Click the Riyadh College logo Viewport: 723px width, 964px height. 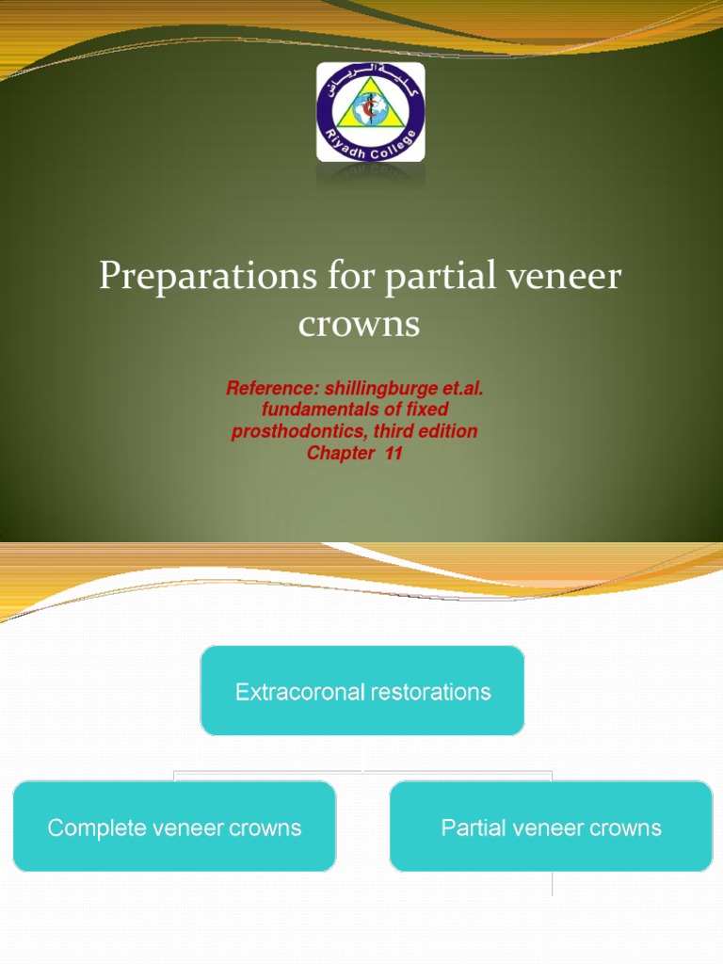tap(370, 112)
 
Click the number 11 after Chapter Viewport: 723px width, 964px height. tap(394, 453)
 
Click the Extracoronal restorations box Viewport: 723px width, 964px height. tap(362, 691)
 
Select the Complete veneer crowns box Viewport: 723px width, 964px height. tap(174, 827)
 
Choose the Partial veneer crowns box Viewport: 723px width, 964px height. tap(551, 827)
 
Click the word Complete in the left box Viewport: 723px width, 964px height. tap(90, 828)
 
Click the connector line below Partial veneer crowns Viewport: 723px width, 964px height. tap(552, 884)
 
